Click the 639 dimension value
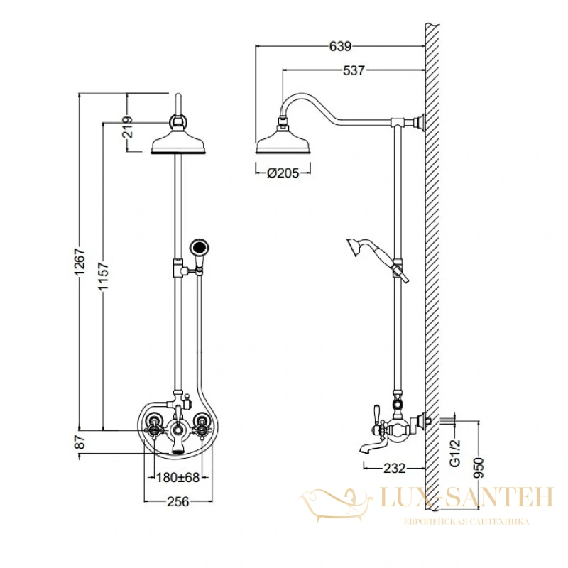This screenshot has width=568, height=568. click(340, 46)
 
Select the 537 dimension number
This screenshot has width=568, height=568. click(354, 70)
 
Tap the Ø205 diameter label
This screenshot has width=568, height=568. click(283, 173)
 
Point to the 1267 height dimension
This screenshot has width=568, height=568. click(80, 261)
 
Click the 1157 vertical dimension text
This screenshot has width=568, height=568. click(103, 276)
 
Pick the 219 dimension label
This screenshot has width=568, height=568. click(128, 127)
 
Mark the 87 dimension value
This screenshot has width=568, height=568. click(80, 442)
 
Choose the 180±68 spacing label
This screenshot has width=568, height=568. click(178, 477)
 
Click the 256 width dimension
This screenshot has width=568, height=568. click(178, 502)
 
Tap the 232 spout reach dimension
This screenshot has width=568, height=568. click(394, 469)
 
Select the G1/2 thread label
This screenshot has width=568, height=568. click(455, 452)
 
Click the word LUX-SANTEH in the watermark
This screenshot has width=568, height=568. click(466, 496)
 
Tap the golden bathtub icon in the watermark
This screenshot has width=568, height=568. click(335, 505)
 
